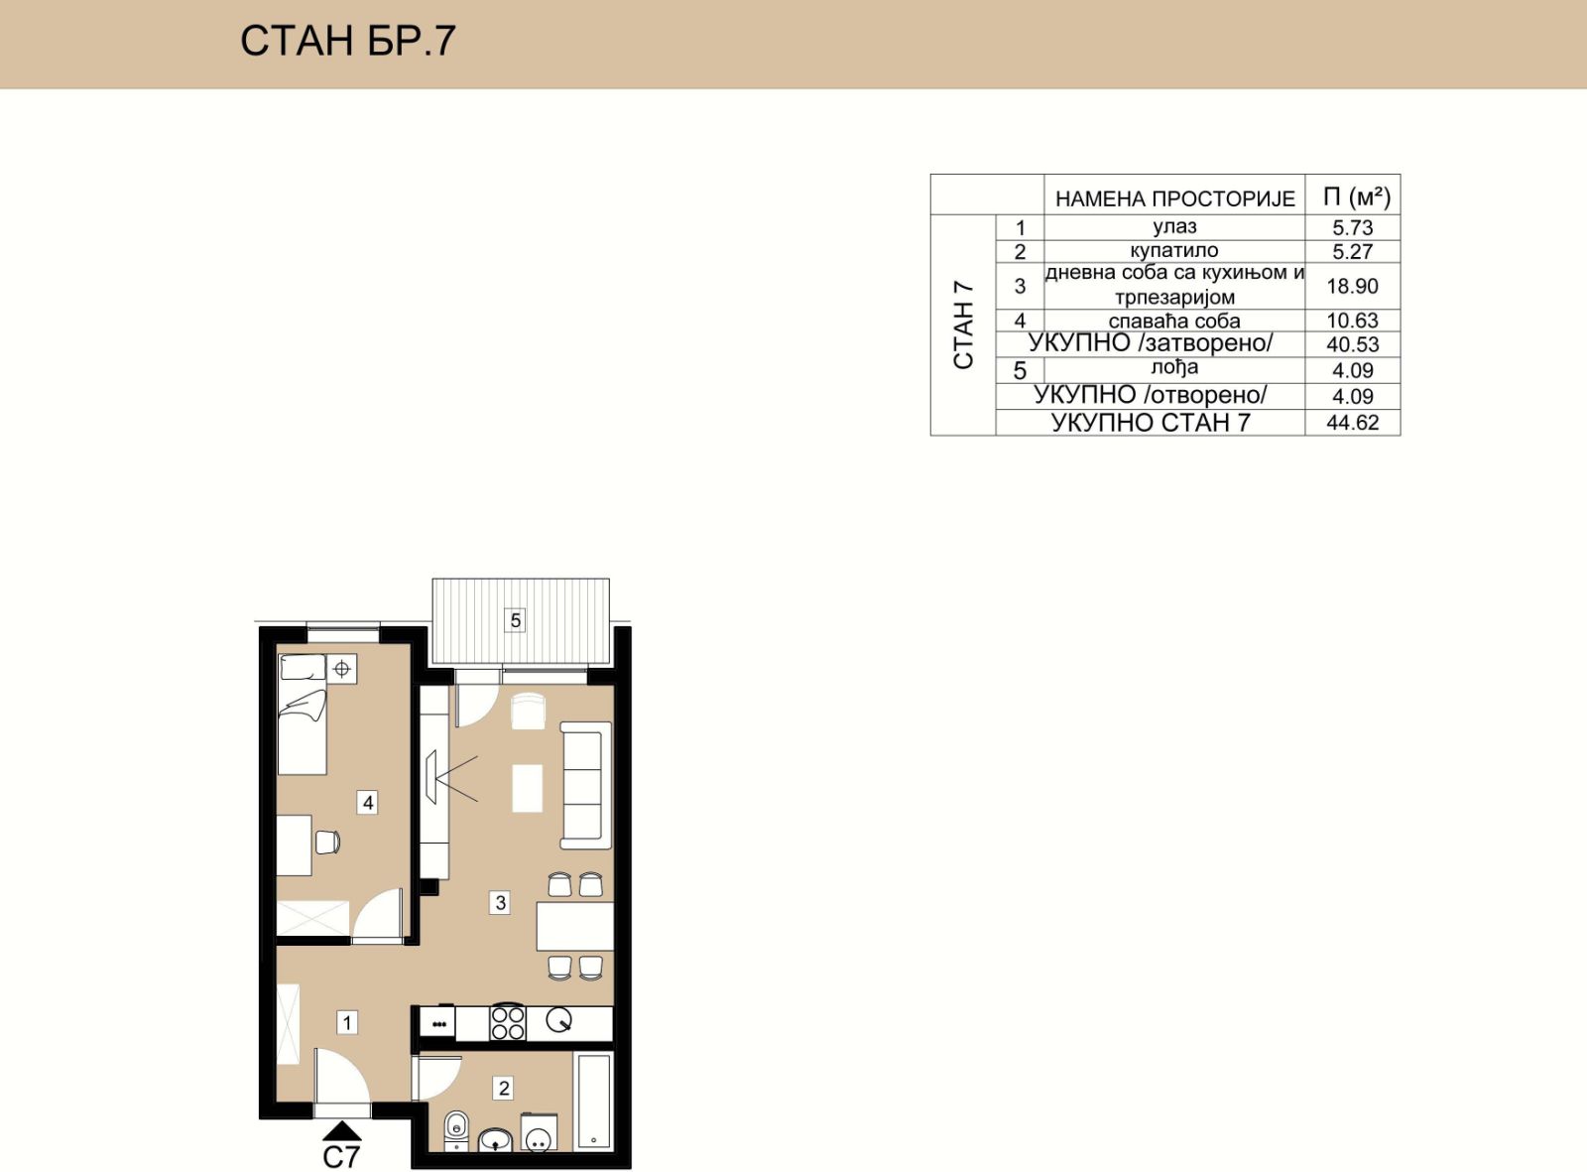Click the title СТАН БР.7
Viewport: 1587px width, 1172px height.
(348, 41)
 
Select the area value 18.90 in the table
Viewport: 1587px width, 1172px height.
(1352, 287)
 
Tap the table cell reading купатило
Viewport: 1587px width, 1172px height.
(1174, 251)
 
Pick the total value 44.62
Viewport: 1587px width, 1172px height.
(1352, 423)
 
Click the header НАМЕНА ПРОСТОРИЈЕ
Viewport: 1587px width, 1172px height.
(1174, 198)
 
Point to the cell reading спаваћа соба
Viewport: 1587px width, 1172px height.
(1174, 321)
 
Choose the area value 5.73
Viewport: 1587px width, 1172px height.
(1352, 227)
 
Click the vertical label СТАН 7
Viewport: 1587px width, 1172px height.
(964, 326)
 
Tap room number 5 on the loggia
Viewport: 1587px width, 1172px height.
(515, 620)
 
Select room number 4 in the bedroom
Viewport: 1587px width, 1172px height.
(368, 803)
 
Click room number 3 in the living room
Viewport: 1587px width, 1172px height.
(500, 903)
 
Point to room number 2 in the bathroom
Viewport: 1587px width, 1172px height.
(504, 1089)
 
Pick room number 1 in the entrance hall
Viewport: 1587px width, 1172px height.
(347, 1022)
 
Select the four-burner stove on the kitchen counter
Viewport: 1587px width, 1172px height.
(507, 1022)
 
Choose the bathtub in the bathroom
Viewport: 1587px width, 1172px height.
(593, 1101)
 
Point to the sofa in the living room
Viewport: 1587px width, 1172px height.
(585, 785)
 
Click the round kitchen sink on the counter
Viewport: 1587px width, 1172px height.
(558, 1019)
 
